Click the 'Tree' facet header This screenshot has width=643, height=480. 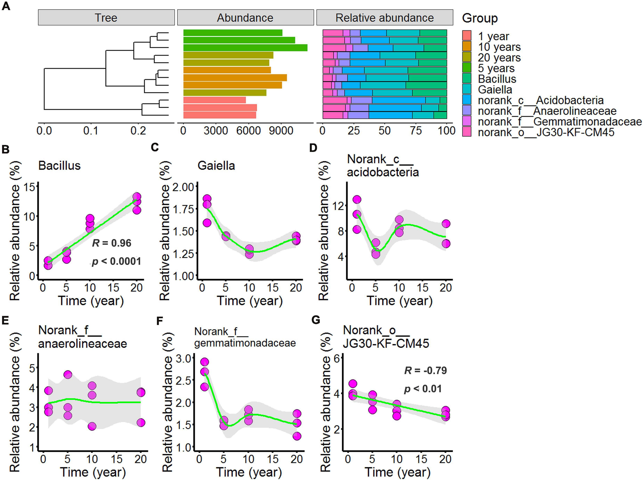[106, 18]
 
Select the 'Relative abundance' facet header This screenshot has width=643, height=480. [384, 18]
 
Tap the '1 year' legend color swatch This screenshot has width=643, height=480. [467, 36]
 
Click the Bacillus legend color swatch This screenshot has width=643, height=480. [467, 79]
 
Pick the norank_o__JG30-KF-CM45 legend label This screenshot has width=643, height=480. [546, 132]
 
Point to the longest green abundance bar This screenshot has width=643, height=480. [245, 48]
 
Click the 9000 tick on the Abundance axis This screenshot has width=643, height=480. [281, 131]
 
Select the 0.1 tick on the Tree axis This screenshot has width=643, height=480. [91, 131]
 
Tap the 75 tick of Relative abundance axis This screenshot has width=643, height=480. [416, 131]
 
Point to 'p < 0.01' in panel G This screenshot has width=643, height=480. [423, 389]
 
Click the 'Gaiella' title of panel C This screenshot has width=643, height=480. [216, 165]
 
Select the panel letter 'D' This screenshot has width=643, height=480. [313, 148]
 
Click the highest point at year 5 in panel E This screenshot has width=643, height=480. [67, 375]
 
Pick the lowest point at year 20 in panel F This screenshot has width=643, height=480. [297, 436]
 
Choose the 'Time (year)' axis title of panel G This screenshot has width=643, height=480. [397, 472]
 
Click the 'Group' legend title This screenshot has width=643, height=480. [480, 18]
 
